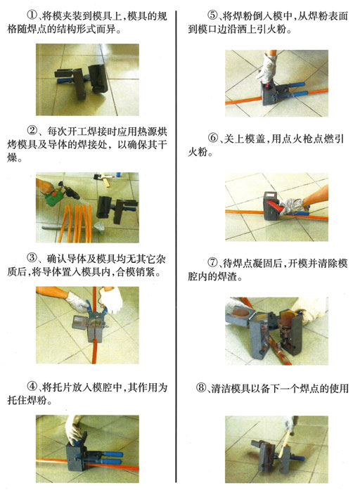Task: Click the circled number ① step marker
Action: tap(32, 15)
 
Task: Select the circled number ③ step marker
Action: tap(32, 258)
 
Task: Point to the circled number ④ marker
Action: tap(32, 386)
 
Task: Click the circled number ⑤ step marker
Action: tap(212, 15)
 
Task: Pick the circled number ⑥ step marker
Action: tap(213, 138)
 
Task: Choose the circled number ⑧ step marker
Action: tap(201, 388)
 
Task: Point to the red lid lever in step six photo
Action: tap(274, 206)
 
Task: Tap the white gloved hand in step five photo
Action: tap(266, 70)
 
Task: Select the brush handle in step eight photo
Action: tap(284, 444)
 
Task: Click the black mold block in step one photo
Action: tap(97, 79)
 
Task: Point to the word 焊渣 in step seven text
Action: tap(227, 276)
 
